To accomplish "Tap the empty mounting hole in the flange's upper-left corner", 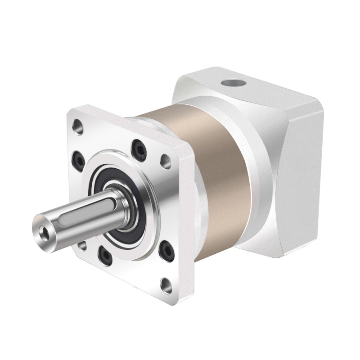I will click(x=78, y=127).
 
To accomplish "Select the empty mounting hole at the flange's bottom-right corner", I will click(x=167, y=285).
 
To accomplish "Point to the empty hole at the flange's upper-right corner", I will click(x=166, y=161).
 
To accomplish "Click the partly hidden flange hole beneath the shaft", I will click(x=82, y=246).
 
